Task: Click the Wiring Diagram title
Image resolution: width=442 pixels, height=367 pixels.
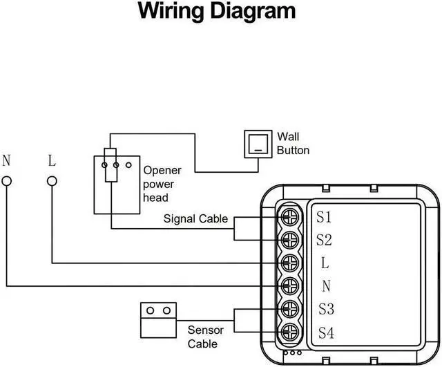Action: coord(217,12)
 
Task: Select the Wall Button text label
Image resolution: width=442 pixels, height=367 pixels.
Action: coord(293,143)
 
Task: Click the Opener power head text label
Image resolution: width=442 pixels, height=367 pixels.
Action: coord(162,184)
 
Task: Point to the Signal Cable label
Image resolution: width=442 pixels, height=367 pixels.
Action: coord(195,219)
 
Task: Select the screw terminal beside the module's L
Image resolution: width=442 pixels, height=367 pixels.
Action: coord(289,263)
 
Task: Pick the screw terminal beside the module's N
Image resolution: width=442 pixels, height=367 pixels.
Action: coord(289,285)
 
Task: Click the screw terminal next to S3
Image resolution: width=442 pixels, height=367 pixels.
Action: coord(289,308)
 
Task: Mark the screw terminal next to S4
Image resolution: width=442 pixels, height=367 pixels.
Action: coord(289,331)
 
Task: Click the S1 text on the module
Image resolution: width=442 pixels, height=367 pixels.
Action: coord(325,217)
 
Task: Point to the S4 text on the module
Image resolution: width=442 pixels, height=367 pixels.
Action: coord(326,332)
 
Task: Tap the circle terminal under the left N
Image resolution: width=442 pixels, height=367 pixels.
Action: coord(7,182)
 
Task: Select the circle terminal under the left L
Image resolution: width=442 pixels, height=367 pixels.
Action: coord(52,182)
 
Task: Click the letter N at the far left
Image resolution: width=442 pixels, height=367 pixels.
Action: coord(7,161)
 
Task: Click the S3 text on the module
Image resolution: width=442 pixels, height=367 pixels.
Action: coord(326,309)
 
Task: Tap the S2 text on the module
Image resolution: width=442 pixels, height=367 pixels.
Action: coord(325,240)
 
